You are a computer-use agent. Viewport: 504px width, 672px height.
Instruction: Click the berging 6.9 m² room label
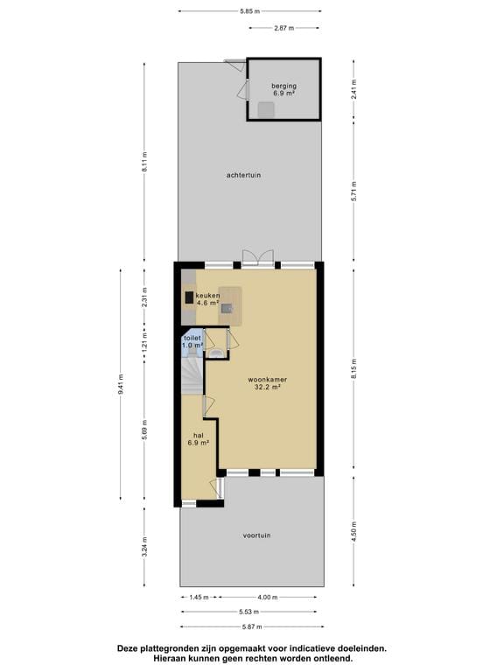[283, 89]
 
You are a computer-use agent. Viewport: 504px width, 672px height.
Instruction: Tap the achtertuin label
[243, 175]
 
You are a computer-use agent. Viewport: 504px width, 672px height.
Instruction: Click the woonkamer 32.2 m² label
[267, 383]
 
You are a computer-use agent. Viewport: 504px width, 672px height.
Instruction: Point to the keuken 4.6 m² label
[207, 299]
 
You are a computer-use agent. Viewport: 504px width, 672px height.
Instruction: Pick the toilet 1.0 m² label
[192, 342]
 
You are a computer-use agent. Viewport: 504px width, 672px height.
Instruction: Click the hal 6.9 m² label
[198, 438]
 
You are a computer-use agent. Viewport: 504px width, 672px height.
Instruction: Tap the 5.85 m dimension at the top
[249, 11]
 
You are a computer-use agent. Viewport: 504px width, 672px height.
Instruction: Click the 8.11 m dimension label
[145, 161]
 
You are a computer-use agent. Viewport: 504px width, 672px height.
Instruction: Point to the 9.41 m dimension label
[121, 384]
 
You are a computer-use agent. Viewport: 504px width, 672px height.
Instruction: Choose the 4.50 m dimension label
[353, 533]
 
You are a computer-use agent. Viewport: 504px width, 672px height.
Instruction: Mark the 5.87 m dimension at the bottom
[251, 626]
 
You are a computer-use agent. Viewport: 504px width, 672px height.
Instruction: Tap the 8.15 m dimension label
[353, 371]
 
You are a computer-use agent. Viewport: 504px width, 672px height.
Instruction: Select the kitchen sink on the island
[227, 307]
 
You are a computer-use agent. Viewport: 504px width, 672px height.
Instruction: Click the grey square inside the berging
[264, 109]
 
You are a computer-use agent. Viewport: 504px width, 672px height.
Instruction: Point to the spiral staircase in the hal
[191, 377]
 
